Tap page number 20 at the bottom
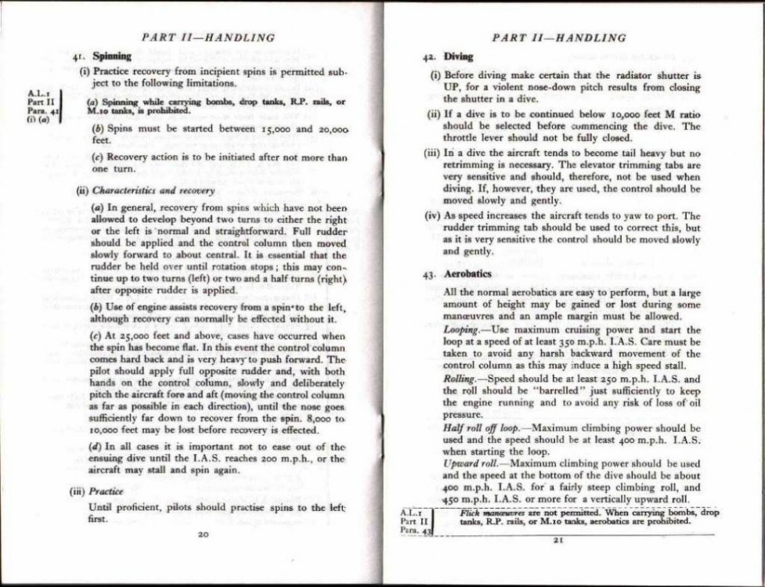coord(203,534)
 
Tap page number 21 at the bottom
coord(558,539)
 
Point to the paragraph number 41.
coord(78,57)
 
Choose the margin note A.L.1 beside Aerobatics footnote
coord(409,512)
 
